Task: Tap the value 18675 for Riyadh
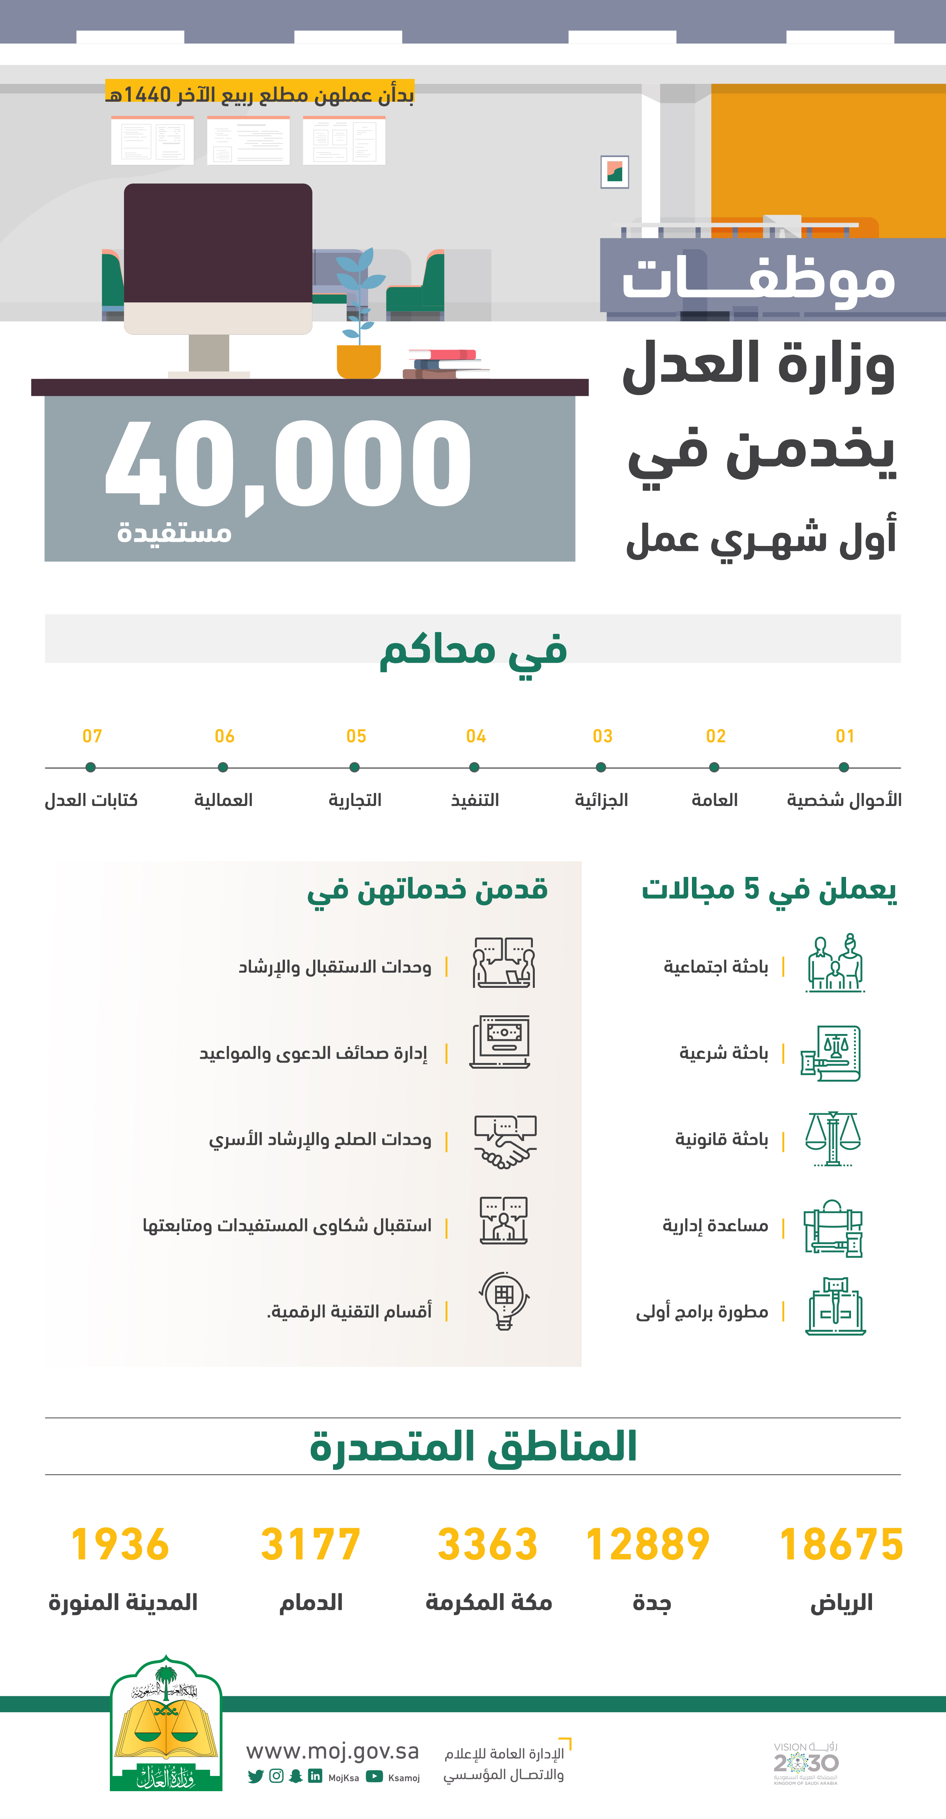(841, 1544)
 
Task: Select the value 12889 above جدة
(648, 1544)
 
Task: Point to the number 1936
(120, 1544)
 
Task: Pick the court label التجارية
(355, 800)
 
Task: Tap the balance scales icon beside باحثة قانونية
(833, 1138)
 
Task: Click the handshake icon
(504, 1141)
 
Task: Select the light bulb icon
(504, 1301)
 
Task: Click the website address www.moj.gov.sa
(332, 1751)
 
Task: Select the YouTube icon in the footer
(375, 1777)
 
